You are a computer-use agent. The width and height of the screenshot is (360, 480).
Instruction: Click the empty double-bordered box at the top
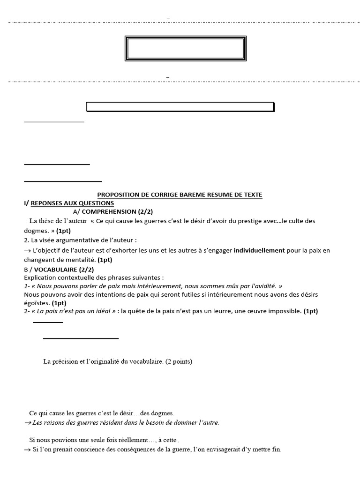click(x=185, y=48)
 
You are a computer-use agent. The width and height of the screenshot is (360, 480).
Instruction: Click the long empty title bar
click(x=180, y=107)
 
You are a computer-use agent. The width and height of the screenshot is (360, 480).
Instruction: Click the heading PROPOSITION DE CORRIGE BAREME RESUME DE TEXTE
click(x=180, y=195)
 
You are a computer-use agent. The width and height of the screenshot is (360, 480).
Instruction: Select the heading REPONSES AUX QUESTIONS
click(x=72, y=203)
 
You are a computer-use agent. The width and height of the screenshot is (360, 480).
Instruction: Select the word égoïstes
click(x=37, y=303)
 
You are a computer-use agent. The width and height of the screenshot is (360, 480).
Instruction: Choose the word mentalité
click(x=80, y=259)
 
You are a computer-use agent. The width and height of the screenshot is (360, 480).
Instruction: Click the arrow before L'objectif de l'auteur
click(x=27, y=251)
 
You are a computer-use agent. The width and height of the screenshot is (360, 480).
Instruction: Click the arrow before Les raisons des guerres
click(x=27, y=422)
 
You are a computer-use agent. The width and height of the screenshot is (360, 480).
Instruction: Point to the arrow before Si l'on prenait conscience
click(x=27, y=449)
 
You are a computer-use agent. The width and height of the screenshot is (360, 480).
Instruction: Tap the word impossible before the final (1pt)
click(x=286, y=311)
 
